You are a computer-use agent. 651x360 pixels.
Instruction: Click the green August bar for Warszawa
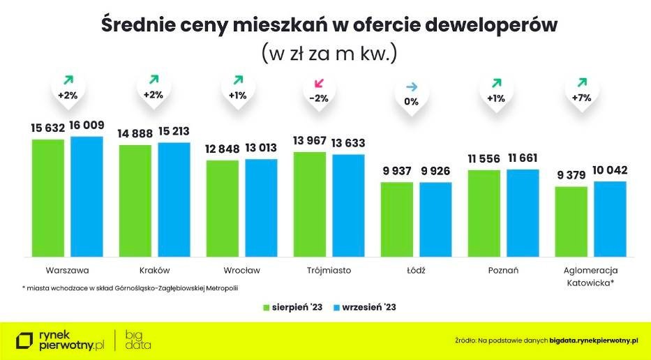pyautogui.click(x=48, y=197)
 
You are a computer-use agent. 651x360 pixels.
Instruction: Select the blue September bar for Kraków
pyautogui.click(x=173, y=199)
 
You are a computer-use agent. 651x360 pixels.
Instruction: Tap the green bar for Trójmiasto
pyautogui.click(x=309, y=203)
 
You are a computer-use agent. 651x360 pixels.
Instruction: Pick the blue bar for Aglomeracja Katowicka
pyautogui.click(x=610, y=218)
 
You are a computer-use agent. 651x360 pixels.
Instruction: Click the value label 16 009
pyautogui.click(x=86, y=126)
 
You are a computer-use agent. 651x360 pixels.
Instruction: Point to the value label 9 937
pyautogui.click(x=396, y=172)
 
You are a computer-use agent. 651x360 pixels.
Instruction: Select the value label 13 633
pyautogui.click(x=348, y=144)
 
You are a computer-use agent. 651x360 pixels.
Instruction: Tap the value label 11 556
pyautogui.click(x=484, y=159)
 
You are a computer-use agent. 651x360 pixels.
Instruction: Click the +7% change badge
pyautogui.click(x=581, y=98)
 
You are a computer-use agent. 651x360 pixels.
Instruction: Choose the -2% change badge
pyautogui.click(x=318, y=98)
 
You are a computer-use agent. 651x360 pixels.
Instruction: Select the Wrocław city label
pyautogui.click(x=241, y=270)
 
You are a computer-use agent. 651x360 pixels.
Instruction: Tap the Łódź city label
pyautogui.click(x=416, y=270)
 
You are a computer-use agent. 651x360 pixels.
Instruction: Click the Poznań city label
pyautogui.click(x=503, y=270)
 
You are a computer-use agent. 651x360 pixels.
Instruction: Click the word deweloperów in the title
pyautogui.click(x=479, y=25)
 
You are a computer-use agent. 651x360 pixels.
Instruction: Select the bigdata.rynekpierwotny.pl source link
pyautogui.click(x=594, y=340)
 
